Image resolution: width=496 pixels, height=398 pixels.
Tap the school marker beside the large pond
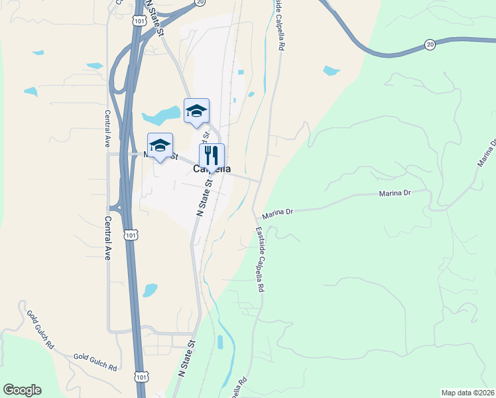[196, 111]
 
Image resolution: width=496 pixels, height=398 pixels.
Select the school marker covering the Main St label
[160, 146]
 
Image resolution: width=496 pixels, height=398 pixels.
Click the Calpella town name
[212, 169]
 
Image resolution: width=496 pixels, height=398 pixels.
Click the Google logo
[22, 390]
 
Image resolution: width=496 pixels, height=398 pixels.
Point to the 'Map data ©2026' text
[467, 393]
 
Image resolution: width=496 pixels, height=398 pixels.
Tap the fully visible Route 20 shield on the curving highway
[430, 44]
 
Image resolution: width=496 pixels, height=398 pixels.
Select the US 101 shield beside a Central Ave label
[131, 235]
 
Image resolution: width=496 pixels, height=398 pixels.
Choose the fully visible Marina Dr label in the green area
[396, 194]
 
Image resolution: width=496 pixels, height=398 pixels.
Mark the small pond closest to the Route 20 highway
[331, 71]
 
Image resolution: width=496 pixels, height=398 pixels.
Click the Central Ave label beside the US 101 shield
[107, 237]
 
